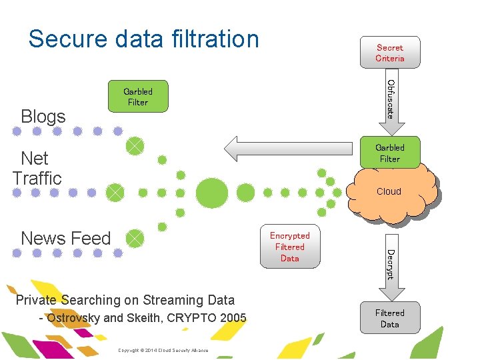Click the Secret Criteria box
pyautogui.click(x=389, y=53)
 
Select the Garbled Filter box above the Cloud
pyautogui.click(x=389, y=153)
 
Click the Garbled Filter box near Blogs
pyautogui.click(x=137, y=97)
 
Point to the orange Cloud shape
pyautogui.click(x=393, y=192)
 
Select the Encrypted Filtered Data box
pyautogui.click(x=289, y=247)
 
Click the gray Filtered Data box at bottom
pyautogui.click(x=389, y=318)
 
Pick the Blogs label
pyautogui.click(x=43, y=116)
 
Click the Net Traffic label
pyautogui.click(x=36, y=168)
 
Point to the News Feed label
pyautogui.click(x=65, y=238)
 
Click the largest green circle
pyautogui.click(x=213, y=193)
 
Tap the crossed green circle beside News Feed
pyautogui.click(x=135, y=238)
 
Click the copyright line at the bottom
pyautogui.click(x=163, y=350)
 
